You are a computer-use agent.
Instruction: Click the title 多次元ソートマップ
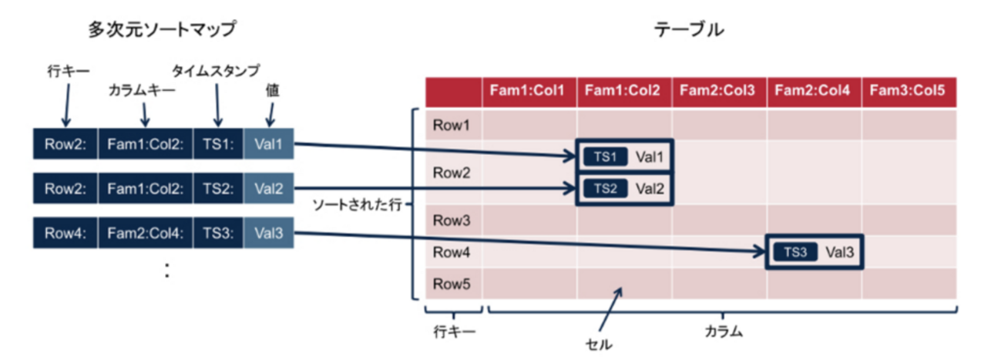(161, 30)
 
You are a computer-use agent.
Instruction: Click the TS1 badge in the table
(605, 157)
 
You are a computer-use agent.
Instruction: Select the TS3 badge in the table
(793, 252)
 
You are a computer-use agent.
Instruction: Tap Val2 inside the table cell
(649, 188)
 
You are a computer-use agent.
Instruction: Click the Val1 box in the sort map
(268, 143)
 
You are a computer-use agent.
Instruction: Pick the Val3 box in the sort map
(268, 233)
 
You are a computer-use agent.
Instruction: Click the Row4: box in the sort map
(65, 233)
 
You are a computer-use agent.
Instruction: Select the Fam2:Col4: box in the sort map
(146, 233)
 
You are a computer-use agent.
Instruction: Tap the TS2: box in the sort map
(218, 188)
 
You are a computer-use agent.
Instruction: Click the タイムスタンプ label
(217, 70)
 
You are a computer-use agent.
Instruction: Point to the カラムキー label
(143, 92)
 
